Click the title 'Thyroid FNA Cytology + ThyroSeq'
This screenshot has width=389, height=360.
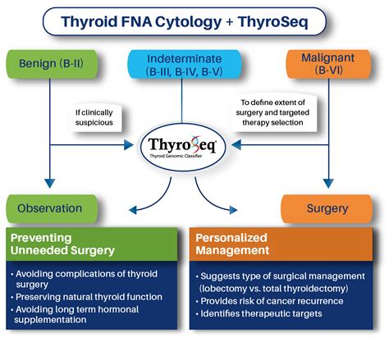coord(194,22)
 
